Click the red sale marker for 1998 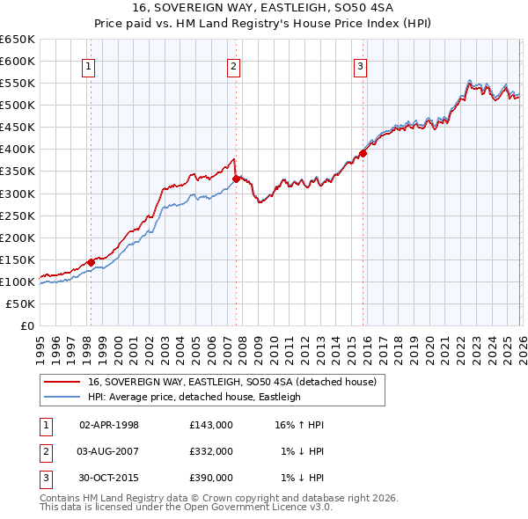click(x=91, y=262)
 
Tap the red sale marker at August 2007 click(x=236, y=179)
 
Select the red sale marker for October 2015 click(x=363, y=153)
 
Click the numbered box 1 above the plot click(x=90, y=65)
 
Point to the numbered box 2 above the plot click(x=234, y=65)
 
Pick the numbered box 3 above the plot click(x=361, y=65)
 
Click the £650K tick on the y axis click(x=18, y=40)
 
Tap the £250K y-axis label click(x=18, y=216)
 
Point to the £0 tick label click(x=28, y=325)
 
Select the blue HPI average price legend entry click(x=194, y=397)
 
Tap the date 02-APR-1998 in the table click(x=109, y=425)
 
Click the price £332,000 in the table click(x=211, y=451)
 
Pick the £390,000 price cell click(x=211, y=478)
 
